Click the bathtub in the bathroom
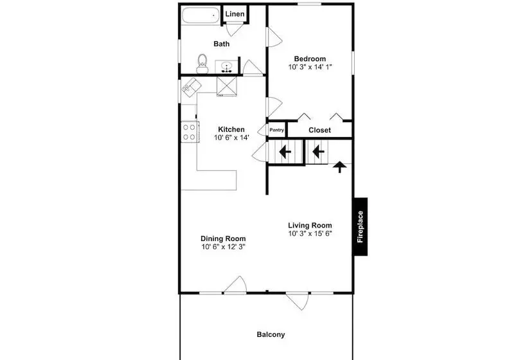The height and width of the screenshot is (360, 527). coord(201,16)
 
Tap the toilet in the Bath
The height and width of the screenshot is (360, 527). coord(202,64)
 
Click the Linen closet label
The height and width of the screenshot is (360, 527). coord(235,14)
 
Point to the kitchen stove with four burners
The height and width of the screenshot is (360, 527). coord(190,132)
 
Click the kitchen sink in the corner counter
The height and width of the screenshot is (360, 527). coord(191,85)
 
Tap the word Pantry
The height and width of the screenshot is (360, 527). coord(276,130)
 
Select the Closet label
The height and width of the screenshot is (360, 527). coord(319,130)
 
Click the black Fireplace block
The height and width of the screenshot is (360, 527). coord(361,226)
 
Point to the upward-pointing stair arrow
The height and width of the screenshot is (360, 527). coord(340,166)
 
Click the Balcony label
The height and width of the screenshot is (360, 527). coord(271,334)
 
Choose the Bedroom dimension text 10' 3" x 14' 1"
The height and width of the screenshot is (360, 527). coord(310,67)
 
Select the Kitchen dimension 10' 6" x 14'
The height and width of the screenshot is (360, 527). coord(231,138)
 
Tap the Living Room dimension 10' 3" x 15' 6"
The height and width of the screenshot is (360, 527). coord(310,233)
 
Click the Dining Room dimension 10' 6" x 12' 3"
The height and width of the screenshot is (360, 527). coord(224,247)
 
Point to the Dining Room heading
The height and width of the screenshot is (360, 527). coord(223,239)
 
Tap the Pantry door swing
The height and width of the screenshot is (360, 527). coord(262,130)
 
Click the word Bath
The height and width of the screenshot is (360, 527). coord(222,44)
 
